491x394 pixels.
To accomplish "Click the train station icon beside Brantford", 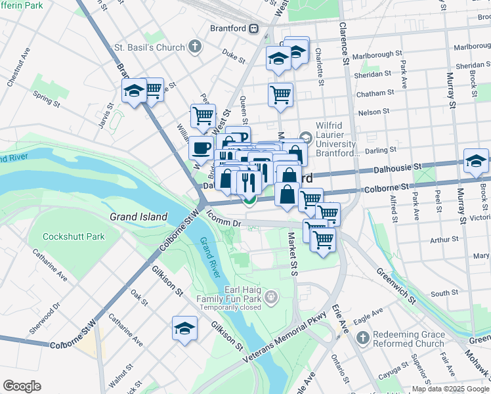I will pyautogui.click(x=253, y=29).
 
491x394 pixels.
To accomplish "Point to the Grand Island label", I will pyautogui.click(x=139, y=217).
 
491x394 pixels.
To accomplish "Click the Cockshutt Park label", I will pyautogui.click(x=74, y=236).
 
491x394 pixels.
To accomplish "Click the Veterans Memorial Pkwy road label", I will pyautogui.click(x=287, y=336).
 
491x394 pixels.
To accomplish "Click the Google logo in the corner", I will pyautogui.click(x=22, y=386).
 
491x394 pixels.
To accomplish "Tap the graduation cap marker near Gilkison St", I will pyautogui.click(x=184, y=328).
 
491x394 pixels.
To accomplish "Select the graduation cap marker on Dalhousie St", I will pyautogui.click(x=476, y=162).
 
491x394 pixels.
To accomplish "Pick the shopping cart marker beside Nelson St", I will pyautogui.click(x=280, y=95).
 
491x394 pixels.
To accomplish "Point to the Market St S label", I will pyautogui.click(x=295, y=253).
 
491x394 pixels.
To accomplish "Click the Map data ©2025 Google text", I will pyautogui.click(x=450, y=389).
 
